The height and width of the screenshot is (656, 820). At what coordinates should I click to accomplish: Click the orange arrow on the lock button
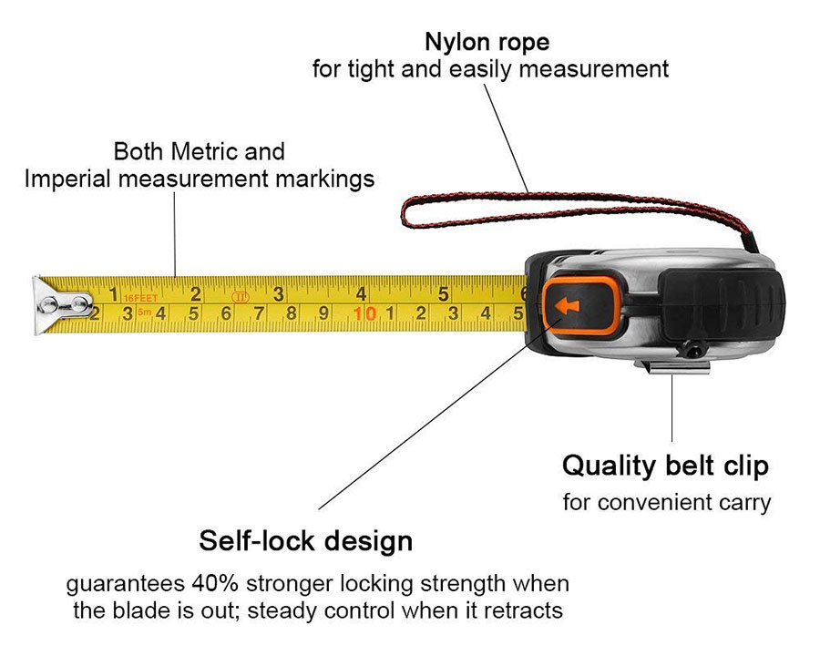coord(567,305)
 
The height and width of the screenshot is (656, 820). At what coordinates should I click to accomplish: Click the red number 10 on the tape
coord(365,313)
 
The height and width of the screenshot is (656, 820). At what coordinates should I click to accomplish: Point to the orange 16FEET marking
coord(140,298)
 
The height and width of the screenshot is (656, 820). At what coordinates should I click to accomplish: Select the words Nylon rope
coord(487,43)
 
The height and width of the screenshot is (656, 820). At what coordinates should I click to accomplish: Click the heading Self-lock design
coord(306,540)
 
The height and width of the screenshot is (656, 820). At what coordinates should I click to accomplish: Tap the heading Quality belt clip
coord(665,466)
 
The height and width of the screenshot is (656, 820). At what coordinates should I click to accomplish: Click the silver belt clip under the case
coord(672,367)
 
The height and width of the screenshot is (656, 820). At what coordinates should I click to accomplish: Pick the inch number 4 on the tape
coord(361,293)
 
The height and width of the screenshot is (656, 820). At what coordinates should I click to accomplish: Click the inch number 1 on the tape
coord(113,294)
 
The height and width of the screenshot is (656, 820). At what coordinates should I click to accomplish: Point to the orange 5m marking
coord(144,313)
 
